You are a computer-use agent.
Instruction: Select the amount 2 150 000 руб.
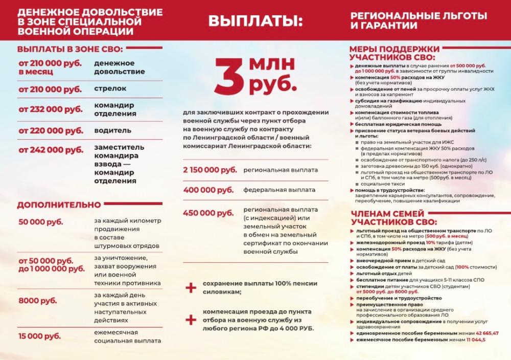(210, 170)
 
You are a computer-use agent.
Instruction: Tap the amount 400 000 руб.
(208, 190)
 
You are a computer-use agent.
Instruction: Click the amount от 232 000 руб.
(51, 109)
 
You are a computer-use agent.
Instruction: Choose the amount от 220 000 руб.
(51, 130)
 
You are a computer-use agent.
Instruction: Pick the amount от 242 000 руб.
(51, 150)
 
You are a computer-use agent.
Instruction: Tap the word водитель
(112, 130)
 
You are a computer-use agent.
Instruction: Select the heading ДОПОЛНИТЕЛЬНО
(59, 205)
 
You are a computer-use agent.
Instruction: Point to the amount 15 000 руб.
(39, 336)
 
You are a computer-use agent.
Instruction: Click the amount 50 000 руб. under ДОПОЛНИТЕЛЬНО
(41, 222)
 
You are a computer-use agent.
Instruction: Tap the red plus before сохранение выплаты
(191, 287)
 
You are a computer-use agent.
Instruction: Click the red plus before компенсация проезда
(191, 320)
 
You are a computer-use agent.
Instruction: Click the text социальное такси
(381, 183)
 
